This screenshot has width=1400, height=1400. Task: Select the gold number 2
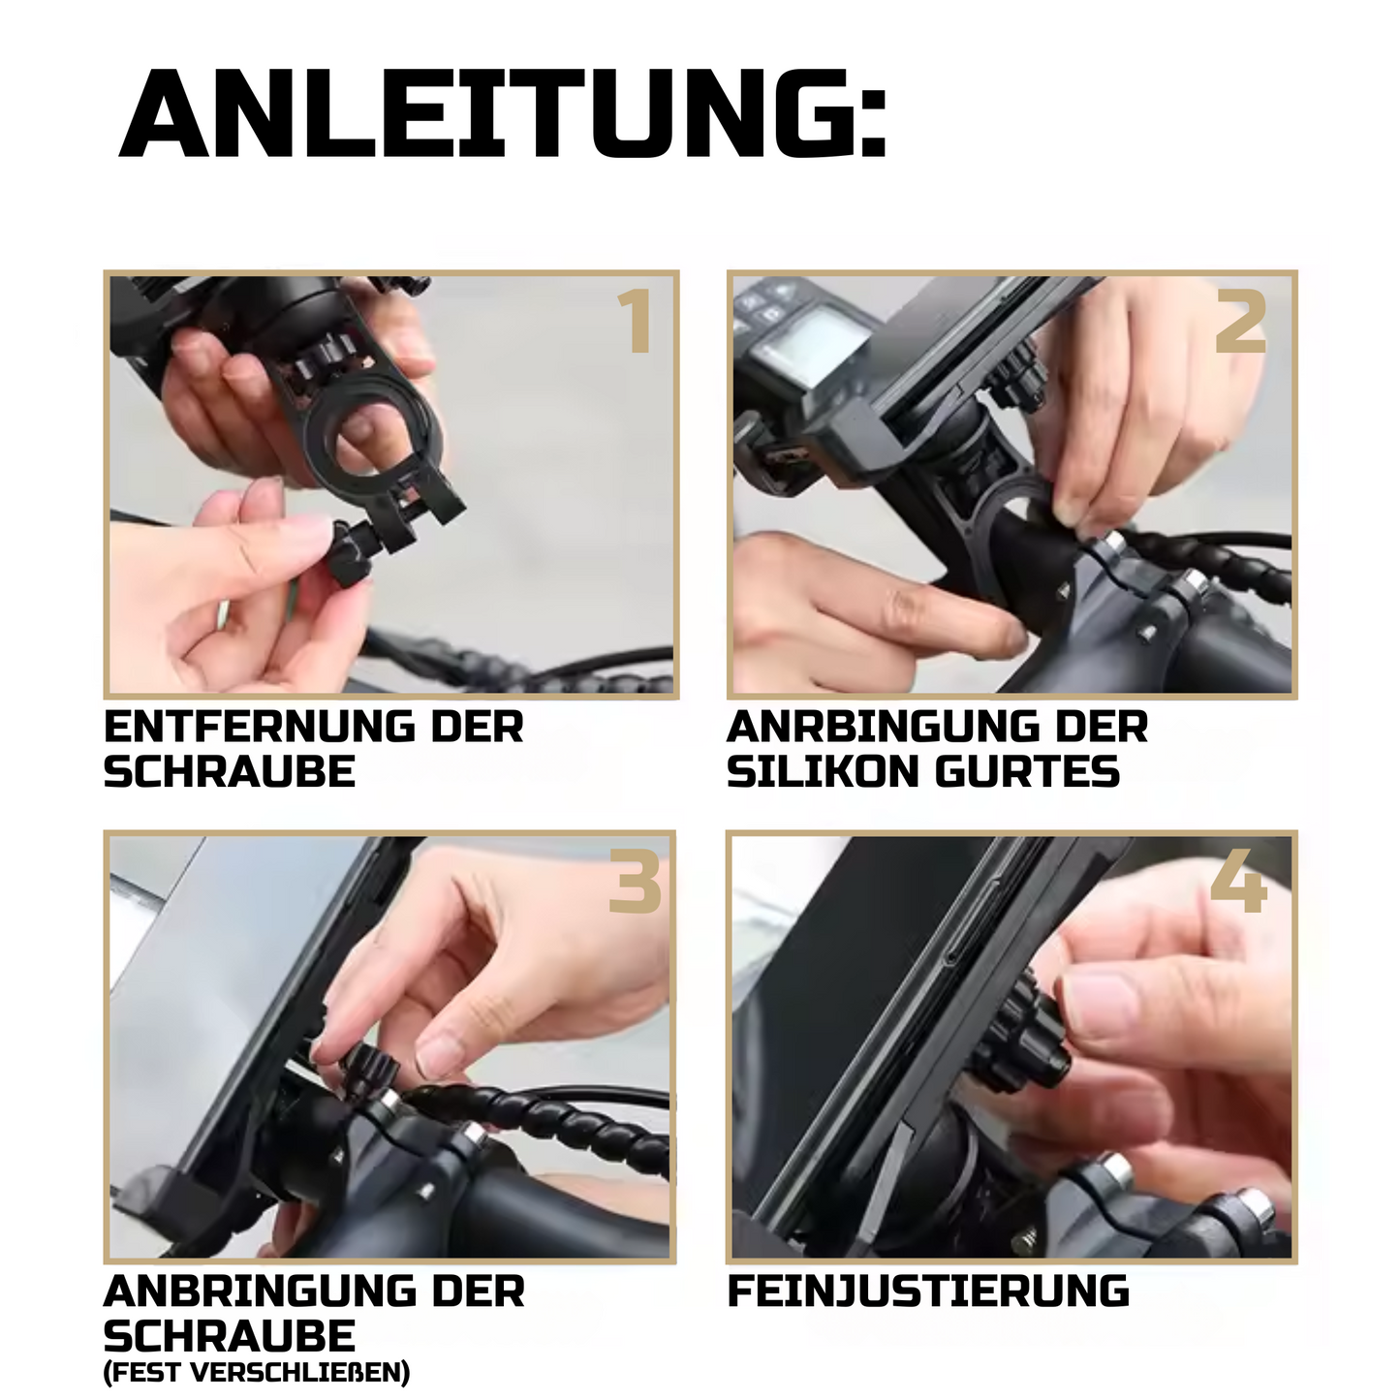click(x=1241, y=321)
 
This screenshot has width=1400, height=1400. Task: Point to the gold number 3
click(x=635, y=881)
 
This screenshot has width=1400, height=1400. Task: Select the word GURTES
click(x=1026, y=771)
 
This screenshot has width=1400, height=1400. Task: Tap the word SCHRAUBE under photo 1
click(x=230, y=771)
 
